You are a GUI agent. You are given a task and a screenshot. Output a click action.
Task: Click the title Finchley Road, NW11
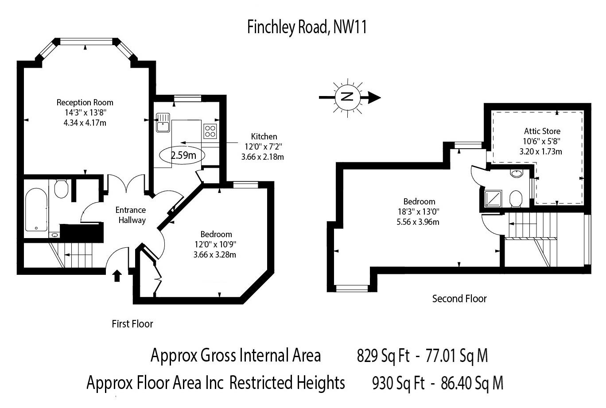coord(307,27)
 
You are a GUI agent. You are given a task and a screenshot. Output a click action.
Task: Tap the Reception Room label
coord(85,103)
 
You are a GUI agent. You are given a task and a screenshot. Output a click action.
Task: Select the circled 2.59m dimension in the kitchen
coord(183,155)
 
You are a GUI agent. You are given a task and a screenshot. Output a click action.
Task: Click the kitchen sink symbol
coord(163,123)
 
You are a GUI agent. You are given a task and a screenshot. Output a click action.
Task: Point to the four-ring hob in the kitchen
coord(210,131)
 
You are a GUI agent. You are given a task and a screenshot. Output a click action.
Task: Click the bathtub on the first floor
coord(36,210)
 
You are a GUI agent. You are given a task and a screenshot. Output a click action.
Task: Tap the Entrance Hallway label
coord(131,215)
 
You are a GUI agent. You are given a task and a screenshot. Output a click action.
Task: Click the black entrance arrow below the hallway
coord(117,276)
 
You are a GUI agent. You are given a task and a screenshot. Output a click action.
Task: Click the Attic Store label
coord(542,131)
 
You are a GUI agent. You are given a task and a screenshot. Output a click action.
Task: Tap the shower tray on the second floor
coord(494,199)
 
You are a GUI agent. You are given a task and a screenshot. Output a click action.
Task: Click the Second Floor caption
coord(459,299)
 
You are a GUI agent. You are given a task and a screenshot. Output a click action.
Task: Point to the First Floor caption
coord(132,324)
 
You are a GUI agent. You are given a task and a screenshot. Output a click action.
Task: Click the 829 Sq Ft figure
coord(383,356)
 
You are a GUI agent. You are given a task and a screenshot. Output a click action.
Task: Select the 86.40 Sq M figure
coord(472,383)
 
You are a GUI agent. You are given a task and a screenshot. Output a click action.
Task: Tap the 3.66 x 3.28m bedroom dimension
coord(215,254)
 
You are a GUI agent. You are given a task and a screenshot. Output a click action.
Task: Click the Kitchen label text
coord(264,136)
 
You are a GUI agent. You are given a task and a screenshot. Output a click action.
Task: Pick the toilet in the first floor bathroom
coord(61,189)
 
